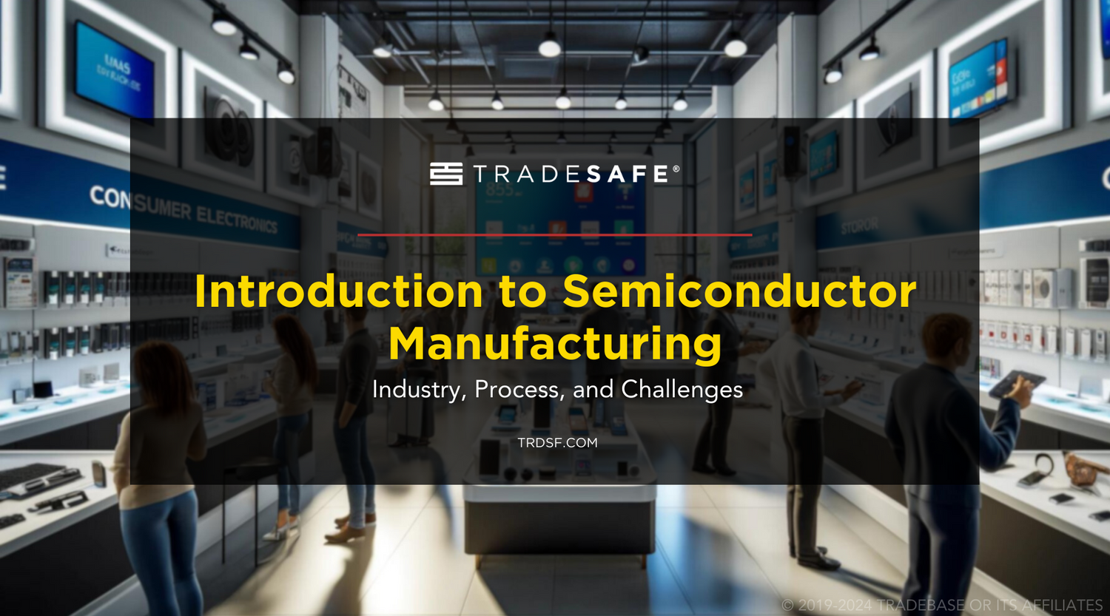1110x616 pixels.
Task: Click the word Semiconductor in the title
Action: [739, 291]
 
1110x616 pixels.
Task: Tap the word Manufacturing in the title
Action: [555, 344]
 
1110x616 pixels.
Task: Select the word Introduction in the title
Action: [339, 291]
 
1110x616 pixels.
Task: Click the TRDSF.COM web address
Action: [557, 443]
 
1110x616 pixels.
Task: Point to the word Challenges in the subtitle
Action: [682, 389]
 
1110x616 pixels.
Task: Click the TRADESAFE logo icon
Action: [446, 174]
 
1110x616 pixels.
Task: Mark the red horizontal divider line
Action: [555, 235]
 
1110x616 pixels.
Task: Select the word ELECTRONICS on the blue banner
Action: [237, 220]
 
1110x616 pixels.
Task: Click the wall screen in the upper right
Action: [979, 77]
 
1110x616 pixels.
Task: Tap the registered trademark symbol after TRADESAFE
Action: [676, 169]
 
